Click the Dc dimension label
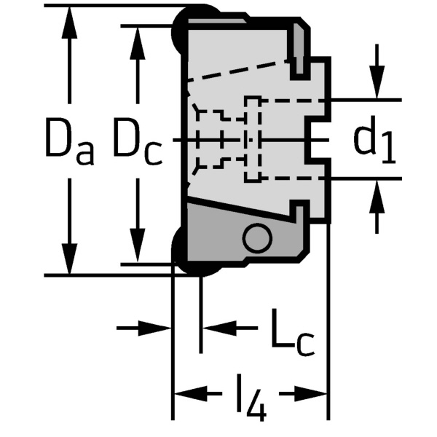tap(136, 141)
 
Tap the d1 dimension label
tap(374, 140)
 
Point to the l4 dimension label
tap(252, 398)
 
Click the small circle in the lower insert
tap(257, 237)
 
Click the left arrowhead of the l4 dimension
tap(186, 394)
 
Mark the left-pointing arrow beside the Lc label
tap(215, 328)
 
